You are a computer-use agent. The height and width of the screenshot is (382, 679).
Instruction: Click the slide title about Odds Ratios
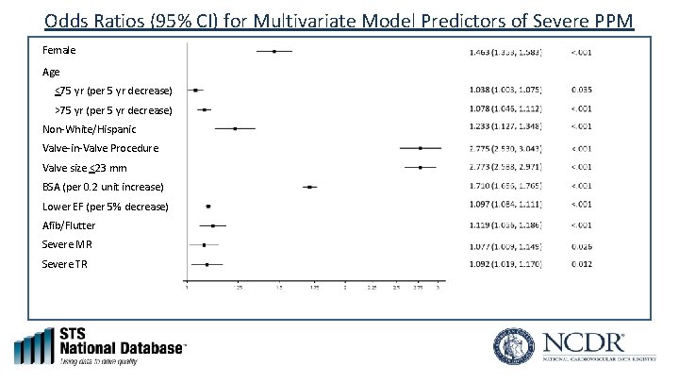pyautogui.click(x=339, y=21)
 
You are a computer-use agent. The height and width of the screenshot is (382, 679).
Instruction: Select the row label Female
pyautogui.click(x=59, y=49)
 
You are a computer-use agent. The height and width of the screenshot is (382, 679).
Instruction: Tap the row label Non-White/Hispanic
pyautogui.click(x=89, y=129)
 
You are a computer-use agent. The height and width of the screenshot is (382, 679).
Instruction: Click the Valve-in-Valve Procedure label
pyautogui.click(x=101, y=149)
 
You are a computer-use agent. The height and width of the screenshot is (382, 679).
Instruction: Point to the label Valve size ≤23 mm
pyautogui.click(x=91, y=168)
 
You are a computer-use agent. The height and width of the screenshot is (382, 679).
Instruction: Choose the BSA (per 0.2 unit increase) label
pyautogui.click(x=104, y=187)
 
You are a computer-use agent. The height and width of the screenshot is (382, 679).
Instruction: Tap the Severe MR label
pyautogui.click(x=67, y=244)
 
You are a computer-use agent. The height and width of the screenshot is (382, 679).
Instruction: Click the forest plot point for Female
pyautogui.click(x=273, y=51)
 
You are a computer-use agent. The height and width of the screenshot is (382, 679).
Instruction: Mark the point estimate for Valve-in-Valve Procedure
pyautogui.click(x=420, y=148)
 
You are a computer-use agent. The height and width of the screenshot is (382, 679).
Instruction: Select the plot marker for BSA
pyautogui.click(x=310, y=187)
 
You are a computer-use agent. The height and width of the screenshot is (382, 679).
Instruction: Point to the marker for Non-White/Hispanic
pyautogui.click(x=235, y=128)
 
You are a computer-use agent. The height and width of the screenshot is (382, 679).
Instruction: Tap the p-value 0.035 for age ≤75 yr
pyautogui.click(x=582, y=91)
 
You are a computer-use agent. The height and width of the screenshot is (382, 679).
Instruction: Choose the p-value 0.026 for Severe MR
pyautogui.click(x=582, y=244)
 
